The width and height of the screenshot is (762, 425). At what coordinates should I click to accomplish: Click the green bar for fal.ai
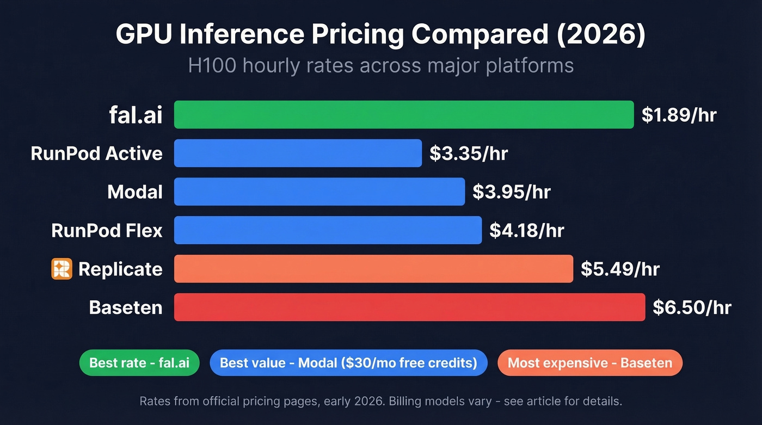(404, 115)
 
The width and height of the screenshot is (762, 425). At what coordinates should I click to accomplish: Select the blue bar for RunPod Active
(298, 153)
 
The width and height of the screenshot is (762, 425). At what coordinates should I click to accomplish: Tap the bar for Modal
(319, 192)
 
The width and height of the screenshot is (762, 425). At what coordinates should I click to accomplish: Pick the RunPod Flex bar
(328, 230)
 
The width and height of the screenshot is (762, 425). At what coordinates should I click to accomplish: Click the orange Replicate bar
(373, 269)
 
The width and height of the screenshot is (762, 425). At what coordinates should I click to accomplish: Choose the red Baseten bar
(409, 307)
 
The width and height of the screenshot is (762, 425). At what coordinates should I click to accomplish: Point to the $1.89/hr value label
(679, 115)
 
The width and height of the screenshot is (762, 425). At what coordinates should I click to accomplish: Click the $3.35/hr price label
(469, 153)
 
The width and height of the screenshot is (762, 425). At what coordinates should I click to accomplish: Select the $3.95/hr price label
(512, 192)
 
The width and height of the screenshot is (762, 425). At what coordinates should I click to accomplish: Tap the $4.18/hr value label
(526, 230)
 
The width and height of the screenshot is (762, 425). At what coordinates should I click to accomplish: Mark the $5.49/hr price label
(620, 269)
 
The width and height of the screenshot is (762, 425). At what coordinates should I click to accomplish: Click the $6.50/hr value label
(692, 307)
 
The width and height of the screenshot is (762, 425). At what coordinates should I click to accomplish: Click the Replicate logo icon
(62, 269)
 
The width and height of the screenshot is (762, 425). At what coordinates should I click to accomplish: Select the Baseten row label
(126, 307)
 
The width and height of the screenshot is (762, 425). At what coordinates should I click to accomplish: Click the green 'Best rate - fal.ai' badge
(139, 363)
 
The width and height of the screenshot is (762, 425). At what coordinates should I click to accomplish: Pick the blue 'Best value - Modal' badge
(348, 363)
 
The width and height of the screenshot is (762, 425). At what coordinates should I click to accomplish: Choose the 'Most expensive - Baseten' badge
(589, 363)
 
